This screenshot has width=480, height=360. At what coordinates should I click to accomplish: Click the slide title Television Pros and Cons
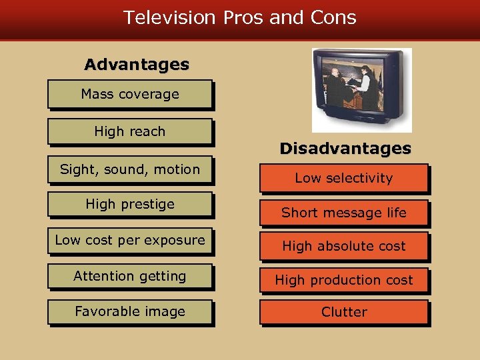pos(240,17)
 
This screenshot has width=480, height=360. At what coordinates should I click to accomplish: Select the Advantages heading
pos(137,65)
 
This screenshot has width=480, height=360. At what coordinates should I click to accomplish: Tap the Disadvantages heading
pos(345,149)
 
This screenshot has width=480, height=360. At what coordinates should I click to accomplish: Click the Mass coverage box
pos(130,94)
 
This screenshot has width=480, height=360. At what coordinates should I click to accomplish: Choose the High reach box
pos(130,131)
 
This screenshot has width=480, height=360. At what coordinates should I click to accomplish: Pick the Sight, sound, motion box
pos(130,169)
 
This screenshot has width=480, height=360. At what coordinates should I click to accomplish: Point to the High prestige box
pos(130,204)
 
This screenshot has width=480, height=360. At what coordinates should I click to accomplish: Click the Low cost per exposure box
pos(130,240)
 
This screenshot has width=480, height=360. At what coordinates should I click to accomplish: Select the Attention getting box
pos(130,276)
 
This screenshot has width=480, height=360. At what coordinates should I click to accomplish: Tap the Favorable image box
pos(130,311)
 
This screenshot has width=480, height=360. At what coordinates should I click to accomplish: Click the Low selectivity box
pos(344,178)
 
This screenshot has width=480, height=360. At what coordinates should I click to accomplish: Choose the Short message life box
pos(344,213)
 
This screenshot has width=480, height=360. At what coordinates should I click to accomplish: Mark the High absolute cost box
pos(344,246)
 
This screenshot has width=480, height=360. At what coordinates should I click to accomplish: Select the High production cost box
pos(344,280)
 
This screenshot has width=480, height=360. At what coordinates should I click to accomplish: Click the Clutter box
pos(344,311)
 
